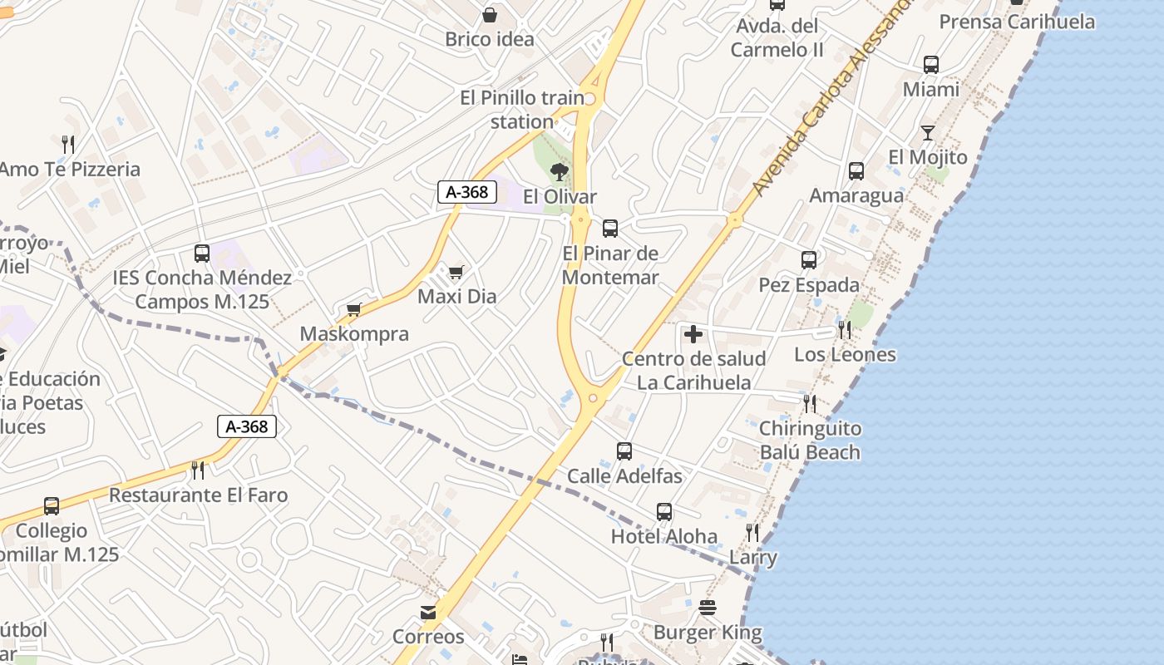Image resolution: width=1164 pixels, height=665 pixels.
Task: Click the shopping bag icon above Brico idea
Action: pos(490,15)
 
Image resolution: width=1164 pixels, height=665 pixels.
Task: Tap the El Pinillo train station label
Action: pos(522,110)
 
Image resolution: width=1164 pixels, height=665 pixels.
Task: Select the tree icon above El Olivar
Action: pos(560,172)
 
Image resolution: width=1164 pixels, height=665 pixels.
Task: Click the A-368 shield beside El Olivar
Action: pos(467,193)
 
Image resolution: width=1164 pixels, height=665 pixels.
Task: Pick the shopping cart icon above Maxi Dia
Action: pos(456,272)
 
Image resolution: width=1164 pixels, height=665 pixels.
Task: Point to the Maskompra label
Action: pos(354,334)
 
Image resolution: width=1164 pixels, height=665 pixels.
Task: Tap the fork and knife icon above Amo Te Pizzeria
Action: pos(68,145)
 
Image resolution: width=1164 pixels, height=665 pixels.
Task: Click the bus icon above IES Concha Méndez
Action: pos(202,254)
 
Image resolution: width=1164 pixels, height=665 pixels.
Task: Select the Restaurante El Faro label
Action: pos(199,495)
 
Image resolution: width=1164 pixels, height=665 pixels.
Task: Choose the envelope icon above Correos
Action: pos(428,613)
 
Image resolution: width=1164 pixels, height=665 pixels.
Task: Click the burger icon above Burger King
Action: pos(708,608)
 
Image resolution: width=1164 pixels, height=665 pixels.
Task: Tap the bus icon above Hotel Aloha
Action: pos(663,512)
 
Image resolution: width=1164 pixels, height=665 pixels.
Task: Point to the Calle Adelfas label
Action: pos(624,476)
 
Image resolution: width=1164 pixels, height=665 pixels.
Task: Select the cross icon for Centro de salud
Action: pos(693,335)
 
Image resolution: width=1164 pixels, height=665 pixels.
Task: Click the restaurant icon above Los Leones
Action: pos(845,330)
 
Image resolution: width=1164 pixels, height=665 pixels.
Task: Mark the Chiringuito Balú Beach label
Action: pos(810,441)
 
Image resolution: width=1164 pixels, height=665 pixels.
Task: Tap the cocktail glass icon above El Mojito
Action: pos(928,133)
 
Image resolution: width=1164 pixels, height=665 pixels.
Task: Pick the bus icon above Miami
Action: pos(931,65)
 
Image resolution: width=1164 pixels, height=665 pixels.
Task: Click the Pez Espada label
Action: pos(809,285)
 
